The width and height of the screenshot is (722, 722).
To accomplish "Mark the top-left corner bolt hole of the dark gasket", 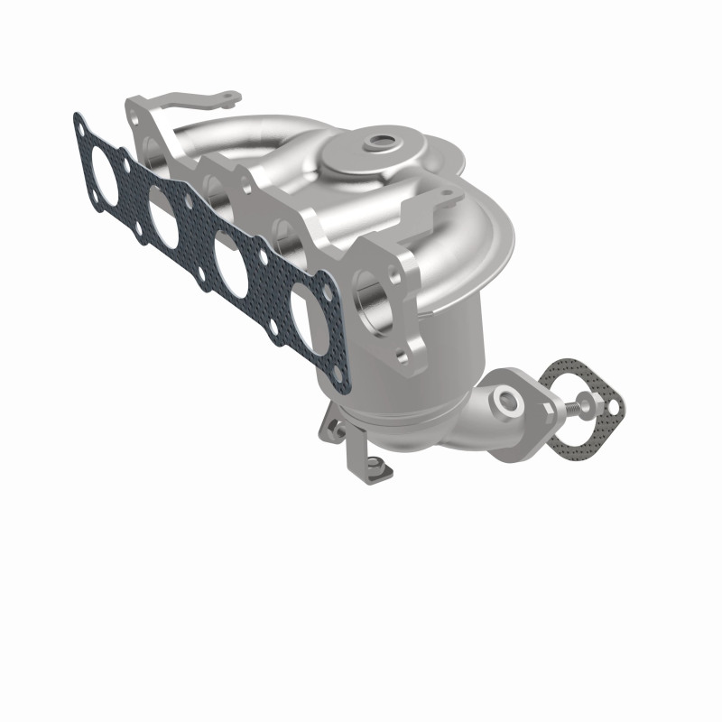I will point(81,123).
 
